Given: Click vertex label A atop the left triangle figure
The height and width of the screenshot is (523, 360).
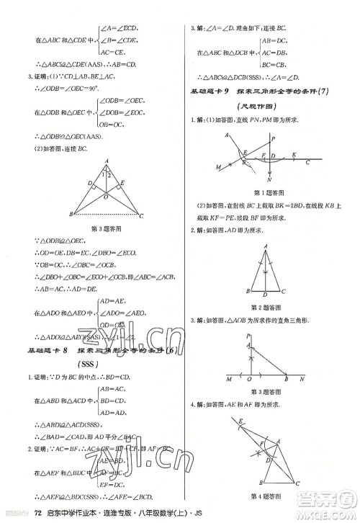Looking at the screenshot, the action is [106, 161].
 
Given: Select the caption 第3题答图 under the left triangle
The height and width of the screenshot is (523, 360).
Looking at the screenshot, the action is [107, 228].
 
